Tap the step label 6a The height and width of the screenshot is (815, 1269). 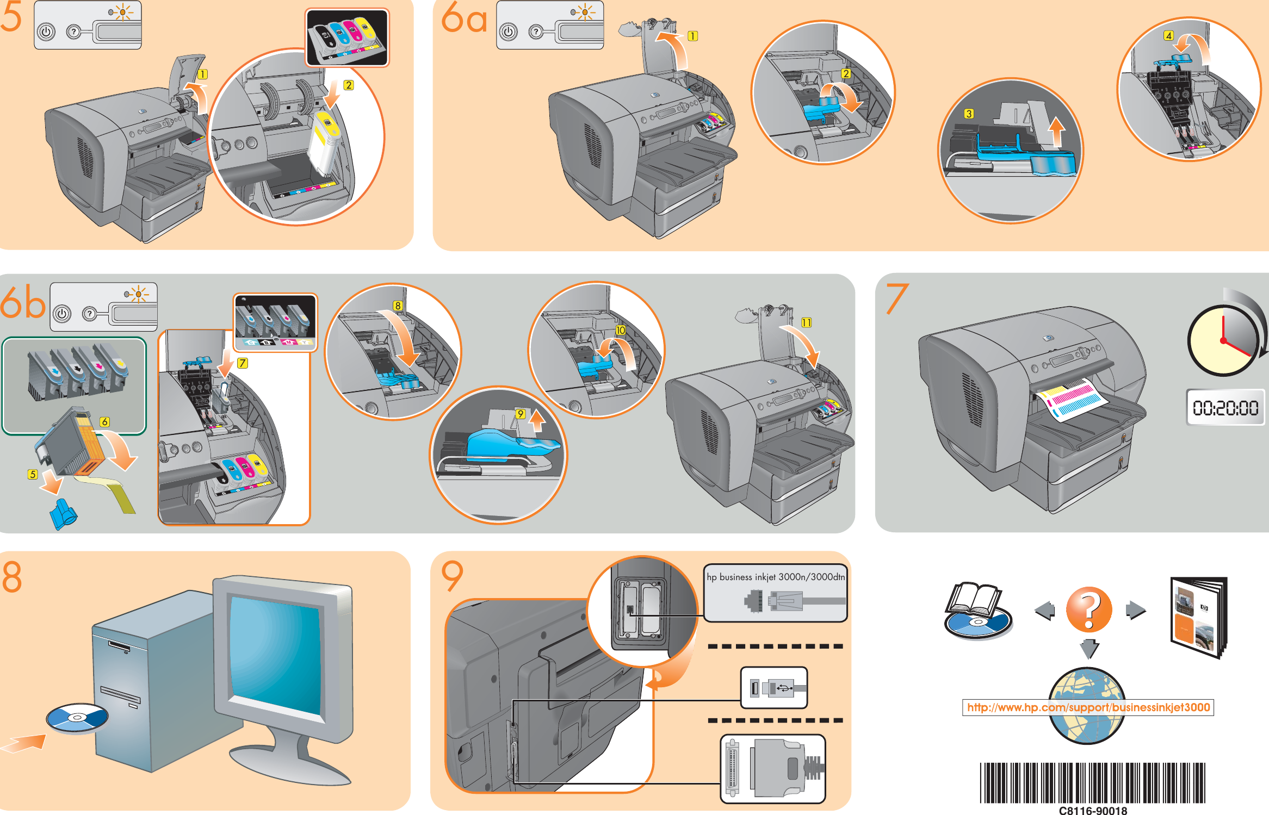click(463, 18)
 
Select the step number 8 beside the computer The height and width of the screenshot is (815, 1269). click(12, 577)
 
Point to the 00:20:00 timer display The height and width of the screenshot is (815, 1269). click(1225, 407)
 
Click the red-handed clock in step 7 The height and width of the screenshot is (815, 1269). click(1223, 341)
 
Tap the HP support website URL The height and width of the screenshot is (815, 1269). click(1088, 707)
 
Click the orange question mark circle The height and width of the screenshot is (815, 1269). click(1089, 609)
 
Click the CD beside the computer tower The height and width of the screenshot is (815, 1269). click(77, 718)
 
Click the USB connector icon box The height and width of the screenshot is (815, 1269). click(774, 688)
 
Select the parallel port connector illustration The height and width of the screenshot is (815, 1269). click(772, 768)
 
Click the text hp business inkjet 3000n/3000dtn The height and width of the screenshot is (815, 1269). click(776, 577)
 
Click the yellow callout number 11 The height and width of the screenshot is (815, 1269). click(806, 322)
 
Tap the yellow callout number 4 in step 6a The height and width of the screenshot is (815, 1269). click(1168, 36)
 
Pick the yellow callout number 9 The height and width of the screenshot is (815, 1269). click(521, 414)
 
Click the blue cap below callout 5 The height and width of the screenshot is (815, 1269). click(63, 514)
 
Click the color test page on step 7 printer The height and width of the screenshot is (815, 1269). click(1070, 399)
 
